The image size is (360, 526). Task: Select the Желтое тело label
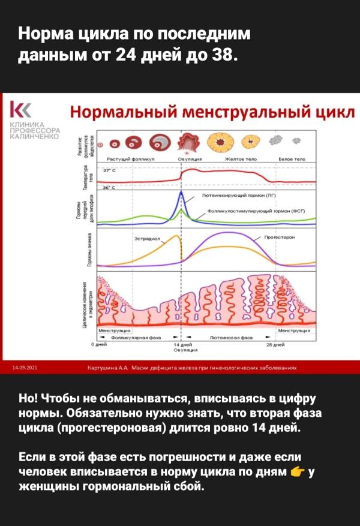point(238,159)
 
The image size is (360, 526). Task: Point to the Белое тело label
point(292,159)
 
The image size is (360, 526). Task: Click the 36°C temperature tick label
point(109,188)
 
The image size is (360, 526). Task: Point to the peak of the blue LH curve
point(182,193)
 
